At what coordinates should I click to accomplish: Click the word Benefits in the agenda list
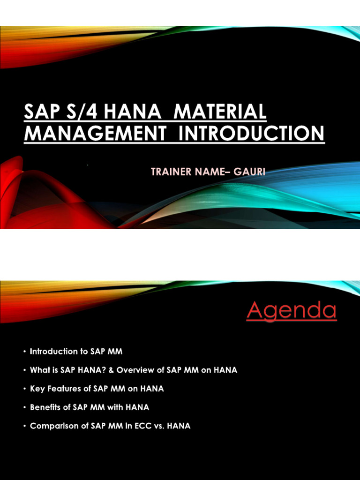tap(45, 407)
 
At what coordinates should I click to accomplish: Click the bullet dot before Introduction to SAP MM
tap(23, 352)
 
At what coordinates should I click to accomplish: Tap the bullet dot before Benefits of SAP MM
tap(23, 408)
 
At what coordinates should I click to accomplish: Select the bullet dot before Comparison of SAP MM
tap(23, 427)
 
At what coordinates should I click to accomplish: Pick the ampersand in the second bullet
tap(112, 370)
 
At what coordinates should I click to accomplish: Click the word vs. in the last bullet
tap(160, 426)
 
